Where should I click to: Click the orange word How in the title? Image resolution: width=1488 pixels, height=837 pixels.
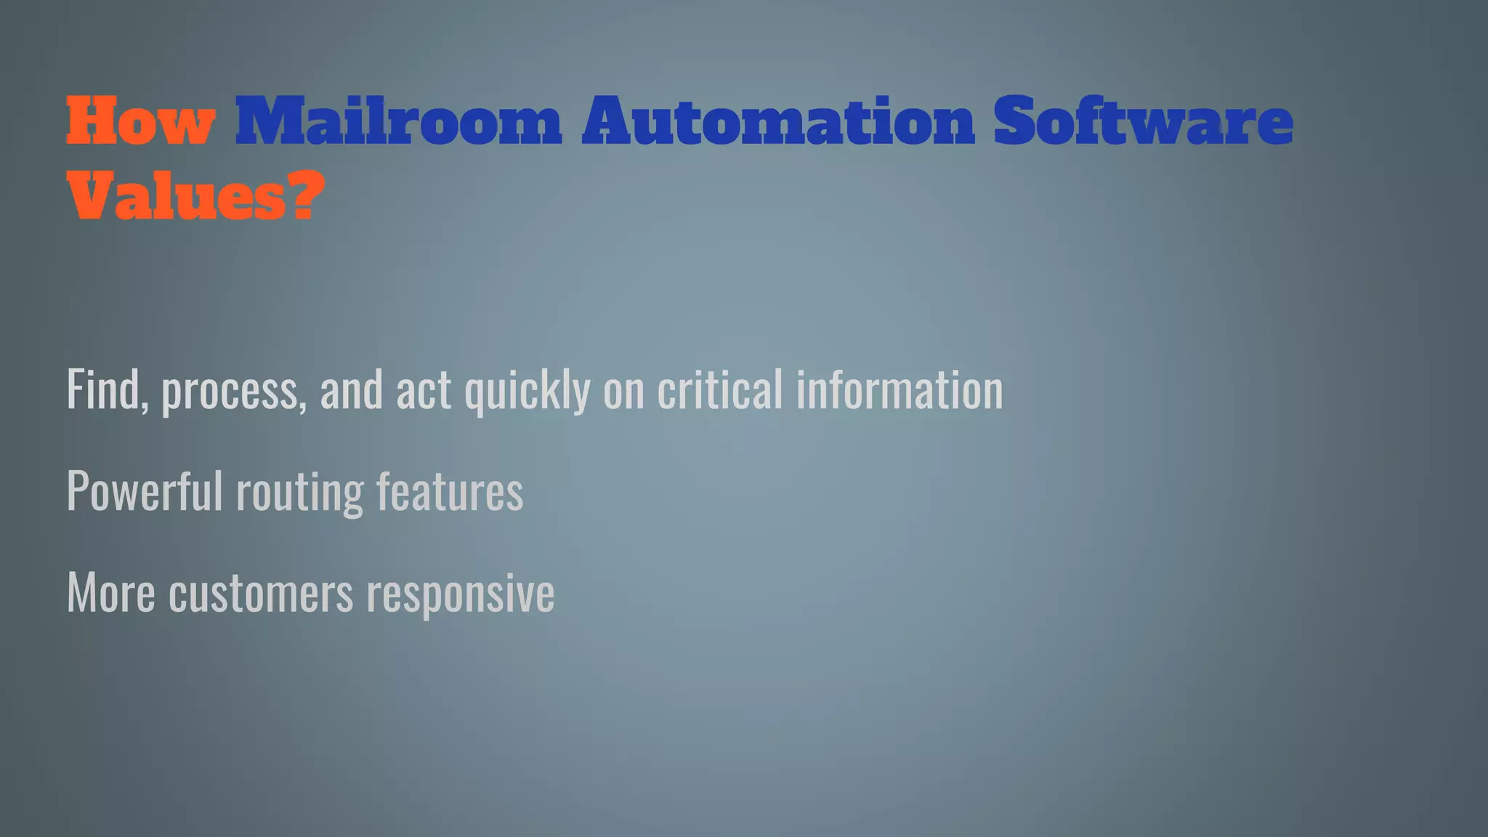point(140,122)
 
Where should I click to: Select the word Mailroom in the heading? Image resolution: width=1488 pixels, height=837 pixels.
point(398,122)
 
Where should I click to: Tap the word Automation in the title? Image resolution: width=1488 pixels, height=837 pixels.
point(778,122)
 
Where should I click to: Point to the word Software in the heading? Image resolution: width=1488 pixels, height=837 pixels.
point(1143,122)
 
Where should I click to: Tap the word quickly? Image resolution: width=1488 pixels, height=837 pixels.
point(527,392)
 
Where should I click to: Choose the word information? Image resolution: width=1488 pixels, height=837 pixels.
point(899,390)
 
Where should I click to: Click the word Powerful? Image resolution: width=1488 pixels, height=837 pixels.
point(144,491)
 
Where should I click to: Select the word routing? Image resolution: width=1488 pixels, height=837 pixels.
point(299,494)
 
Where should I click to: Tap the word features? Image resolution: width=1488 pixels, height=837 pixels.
point(450,491)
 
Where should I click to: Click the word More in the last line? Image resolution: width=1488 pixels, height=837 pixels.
point(110,594)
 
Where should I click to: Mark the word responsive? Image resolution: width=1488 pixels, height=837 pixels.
point(461,596)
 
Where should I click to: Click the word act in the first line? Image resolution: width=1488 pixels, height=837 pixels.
point(423,391)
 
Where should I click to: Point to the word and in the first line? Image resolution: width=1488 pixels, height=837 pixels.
point(351,390)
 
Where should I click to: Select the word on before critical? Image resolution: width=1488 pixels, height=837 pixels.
point(623,392)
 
